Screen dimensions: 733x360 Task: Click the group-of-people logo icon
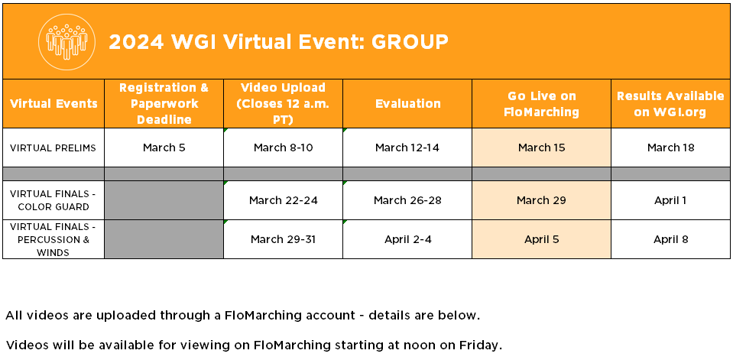click(66, 42)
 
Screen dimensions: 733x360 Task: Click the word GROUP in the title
click(410, 42)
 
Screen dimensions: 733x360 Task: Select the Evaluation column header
click(407, 103)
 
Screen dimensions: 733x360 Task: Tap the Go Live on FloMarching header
click(541, 104)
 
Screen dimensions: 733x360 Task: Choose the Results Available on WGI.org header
click(670, 104)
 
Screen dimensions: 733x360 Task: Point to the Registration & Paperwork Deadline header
click(164, 103)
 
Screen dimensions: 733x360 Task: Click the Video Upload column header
click(283, 103)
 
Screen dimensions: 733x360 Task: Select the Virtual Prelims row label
click(53, 148)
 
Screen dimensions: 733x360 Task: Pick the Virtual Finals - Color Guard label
click(53, 200)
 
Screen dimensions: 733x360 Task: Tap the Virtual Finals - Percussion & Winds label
click(53, 239)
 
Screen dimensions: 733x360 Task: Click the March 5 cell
click(164, 148)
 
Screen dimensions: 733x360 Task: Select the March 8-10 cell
click(284, 148)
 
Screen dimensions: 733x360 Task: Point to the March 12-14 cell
click(407, 148)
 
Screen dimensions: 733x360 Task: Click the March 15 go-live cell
click(541, 148)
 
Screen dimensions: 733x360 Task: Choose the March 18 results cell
click(670, 148)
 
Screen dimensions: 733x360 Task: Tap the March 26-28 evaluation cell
click(407, 200)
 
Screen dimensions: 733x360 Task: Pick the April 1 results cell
click(670, 200)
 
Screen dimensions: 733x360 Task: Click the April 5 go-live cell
click(541, 239)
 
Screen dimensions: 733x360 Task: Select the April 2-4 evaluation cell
click(407, 239)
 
